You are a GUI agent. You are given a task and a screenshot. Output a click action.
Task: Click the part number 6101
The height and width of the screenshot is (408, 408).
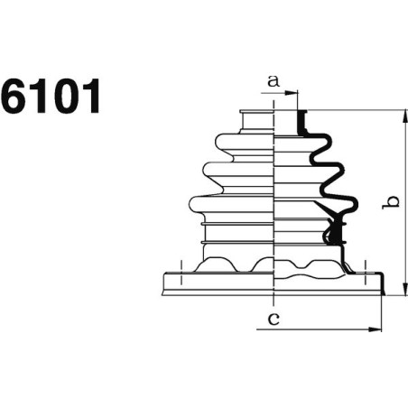51,97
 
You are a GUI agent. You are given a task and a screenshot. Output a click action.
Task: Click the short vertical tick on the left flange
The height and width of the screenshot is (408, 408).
182,266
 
